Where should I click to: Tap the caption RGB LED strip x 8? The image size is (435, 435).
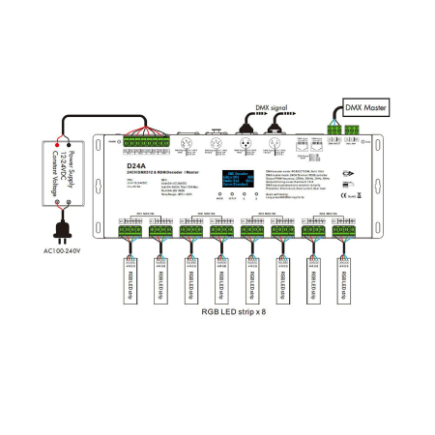231,339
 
